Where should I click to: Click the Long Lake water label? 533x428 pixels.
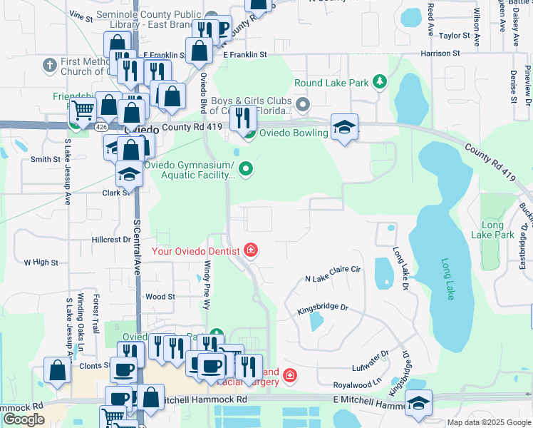click(447, 279)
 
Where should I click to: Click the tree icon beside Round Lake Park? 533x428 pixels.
click(381, 83)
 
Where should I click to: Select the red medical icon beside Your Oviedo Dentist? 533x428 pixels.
click(250, 250)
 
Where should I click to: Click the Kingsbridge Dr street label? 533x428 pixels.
click(322, 308)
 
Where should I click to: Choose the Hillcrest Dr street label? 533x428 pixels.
click(113, 240)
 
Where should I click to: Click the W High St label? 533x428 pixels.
click(41, 263)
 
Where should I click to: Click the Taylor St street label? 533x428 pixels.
click(455, 35)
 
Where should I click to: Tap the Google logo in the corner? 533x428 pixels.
click(24, 419)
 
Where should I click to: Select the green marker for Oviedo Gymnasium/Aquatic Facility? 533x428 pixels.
click(246, 169)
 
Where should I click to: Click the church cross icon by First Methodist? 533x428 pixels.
click(49, 66)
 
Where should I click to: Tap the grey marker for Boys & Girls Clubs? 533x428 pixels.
click(303, 106)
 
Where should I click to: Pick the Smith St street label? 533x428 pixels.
click(45, 160)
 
